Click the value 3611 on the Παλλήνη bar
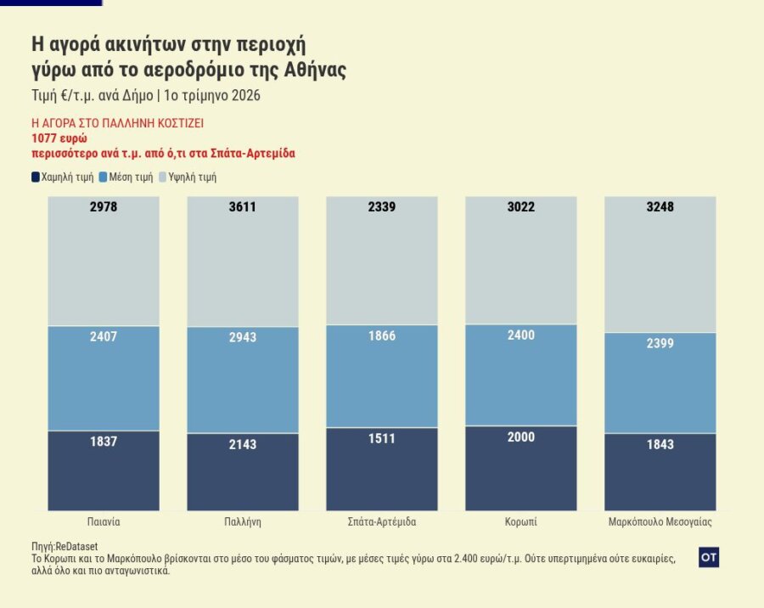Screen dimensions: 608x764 [242, 207]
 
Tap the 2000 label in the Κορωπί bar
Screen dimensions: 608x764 [520, 436]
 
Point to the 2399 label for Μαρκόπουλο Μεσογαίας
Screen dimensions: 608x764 [660, 344]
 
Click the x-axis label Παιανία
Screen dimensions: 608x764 [103, 521]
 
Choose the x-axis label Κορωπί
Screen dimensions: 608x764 [520, 521]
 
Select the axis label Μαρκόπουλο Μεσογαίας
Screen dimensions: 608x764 [660, 521]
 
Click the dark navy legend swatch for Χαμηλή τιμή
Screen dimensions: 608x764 [35, 177]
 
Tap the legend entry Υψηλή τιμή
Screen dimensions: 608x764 [193, 177]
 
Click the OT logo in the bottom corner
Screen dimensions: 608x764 [709, 557]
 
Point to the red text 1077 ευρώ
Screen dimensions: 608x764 [59, 138]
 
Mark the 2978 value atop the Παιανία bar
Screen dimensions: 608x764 [103, 207]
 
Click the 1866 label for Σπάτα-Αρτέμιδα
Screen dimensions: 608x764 [381, 336]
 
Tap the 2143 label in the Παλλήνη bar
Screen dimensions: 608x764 [242, 445]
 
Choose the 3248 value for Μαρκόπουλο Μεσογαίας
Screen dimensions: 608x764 [660, 207]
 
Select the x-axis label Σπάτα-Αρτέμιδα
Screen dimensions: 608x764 [381, 521]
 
